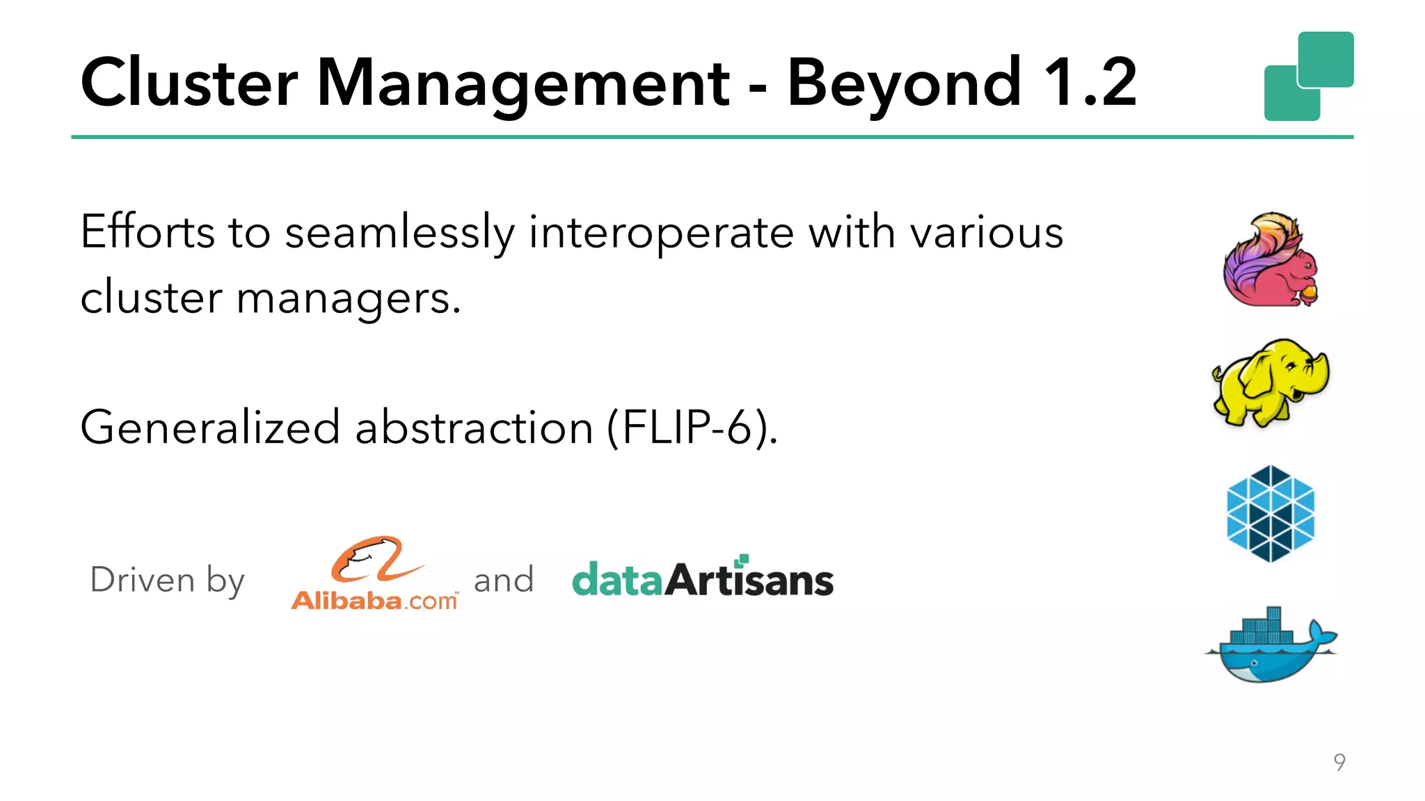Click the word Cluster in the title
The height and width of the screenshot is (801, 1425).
click(189, 83)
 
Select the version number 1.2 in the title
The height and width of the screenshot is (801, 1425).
click(1090, 83)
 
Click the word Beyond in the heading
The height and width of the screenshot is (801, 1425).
click(904, 83)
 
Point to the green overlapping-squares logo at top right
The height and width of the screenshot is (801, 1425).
click(1309, 76)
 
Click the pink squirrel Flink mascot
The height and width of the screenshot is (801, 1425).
click(1271, 260)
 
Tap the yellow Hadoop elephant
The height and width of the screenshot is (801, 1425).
click(1271, 382)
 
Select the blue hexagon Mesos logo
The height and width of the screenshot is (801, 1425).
click(1271, 514)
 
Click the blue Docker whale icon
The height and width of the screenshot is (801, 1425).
click(1271, 646)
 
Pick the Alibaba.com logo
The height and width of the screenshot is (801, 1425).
click(375, 574)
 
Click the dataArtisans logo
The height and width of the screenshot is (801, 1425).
click(702, 578)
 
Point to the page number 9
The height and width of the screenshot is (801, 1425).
click(1339, 762)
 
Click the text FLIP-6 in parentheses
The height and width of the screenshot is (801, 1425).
click(690, 428)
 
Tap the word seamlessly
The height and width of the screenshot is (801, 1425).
click(399, 233)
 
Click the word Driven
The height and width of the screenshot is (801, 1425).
click(143, 579)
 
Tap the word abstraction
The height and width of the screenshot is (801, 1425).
click(474, 428)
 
